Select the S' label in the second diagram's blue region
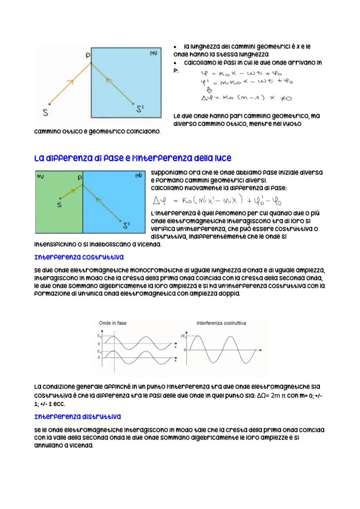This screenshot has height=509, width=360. coord(127,225)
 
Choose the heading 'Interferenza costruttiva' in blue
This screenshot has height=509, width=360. coord(79,257)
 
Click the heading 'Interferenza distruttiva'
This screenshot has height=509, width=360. coord(77,417)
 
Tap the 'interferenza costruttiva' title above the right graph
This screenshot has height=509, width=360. coord(221,323)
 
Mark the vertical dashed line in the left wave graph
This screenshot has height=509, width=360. coord(114,352)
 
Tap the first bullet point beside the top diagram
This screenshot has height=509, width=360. coord(175,46)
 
